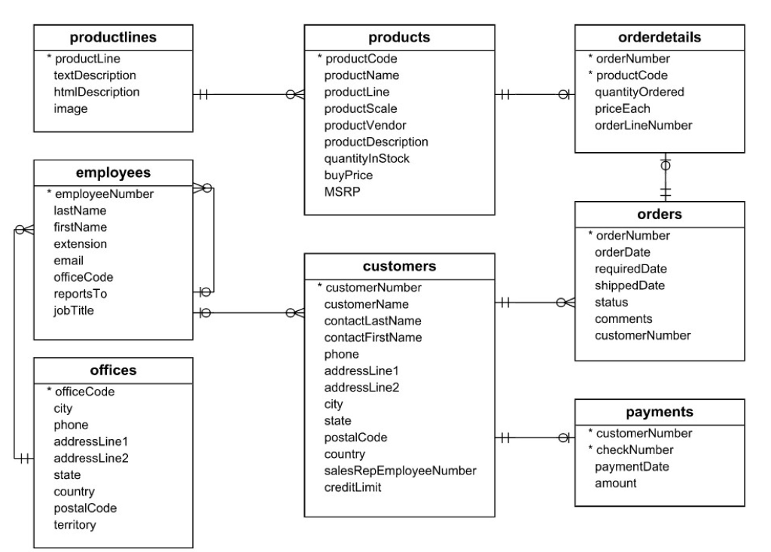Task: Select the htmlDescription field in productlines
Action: [96, 92]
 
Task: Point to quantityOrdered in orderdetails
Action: [639, 92]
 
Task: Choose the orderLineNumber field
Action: [643, 125]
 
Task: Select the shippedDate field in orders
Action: [630, 285]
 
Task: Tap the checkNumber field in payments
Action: [634, 450]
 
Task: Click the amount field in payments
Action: [615, 483]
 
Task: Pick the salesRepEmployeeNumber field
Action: [400, 471]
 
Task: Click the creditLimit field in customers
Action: [353, 487]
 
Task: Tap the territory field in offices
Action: [75, 524]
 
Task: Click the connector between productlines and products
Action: [248, 95]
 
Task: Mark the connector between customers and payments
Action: [535, 438]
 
